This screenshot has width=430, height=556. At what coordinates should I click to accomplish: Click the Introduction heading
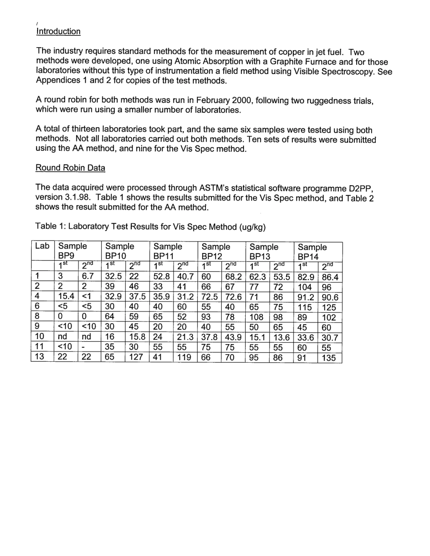point(58,32)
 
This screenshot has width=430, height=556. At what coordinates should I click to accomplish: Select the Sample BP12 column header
point(215,251)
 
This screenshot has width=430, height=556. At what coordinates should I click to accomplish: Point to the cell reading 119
point(183,357)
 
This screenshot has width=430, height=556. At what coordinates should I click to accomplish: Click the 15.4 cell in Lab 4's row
point(65,297)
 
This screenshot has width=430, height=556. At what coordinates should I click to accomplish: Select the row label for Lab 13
point(40,357)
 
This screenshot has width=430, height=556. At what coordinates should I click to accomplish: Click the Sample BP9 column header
point(72,251)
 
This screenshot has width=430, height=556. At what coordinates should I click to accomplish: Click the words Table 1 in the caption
point(48,228)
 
